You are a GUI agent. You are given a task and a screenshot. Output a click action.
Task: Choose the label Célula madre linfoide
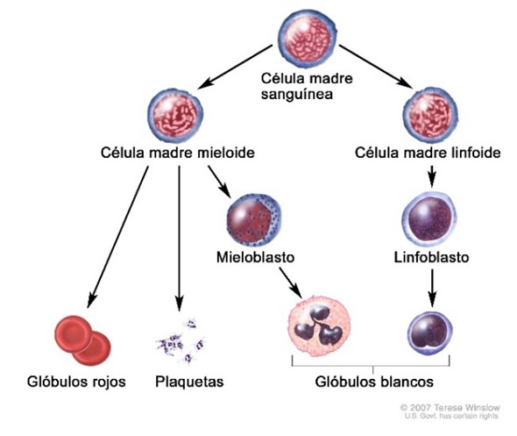(428, 153)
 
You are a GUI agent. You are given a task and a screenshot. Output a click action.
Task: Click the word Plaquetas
(189, 382)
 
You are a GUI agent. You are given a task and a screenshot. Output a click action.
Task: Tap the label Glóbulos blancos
(374, 382)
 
